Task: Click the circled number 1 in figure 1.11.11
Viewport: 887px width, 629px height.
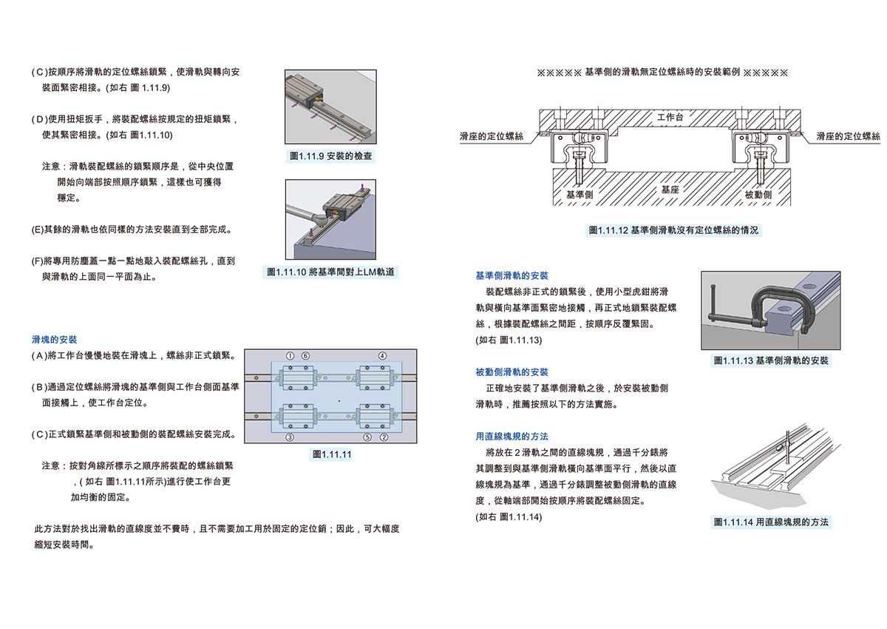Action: coord(290,355)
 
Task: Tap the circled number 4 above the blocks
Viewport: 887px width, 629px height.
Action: coord(382,355)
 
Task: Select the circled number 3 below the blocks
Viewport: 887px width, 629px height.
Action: coord(290,438)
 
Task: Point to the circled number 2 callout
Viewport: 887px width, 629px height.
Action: coord(384,438)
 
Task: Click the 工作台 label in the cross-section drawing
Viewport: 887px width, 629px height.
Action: coord(670,118)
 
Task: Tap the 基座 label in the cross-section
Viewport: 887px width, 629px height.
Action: coord(670,189)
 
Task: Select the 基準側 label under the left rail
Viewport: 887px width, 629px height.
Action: coord(580,194)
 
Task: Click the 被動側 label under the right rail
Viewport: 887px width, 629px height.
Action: coord(758,194)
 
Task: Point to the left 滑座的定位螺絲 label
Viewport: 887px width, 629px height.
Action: coord(491,137)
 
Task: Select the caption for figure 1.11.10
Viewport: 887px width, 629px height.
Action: coord(332,272)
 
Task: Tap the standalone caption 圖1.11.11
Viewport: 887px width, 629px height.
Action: coord(332,454)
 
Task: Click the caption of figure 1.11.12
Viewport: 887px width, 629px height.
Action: coord(673,230)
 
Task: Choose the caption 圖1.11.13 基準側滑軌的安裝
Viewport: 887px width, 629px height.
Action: coord(771,361)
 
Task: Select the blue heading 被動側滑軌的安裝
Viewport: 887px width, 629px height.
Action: coord(512,372)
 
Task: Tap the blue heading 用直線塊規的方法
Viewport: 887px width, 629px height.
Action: coord(512,437)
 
